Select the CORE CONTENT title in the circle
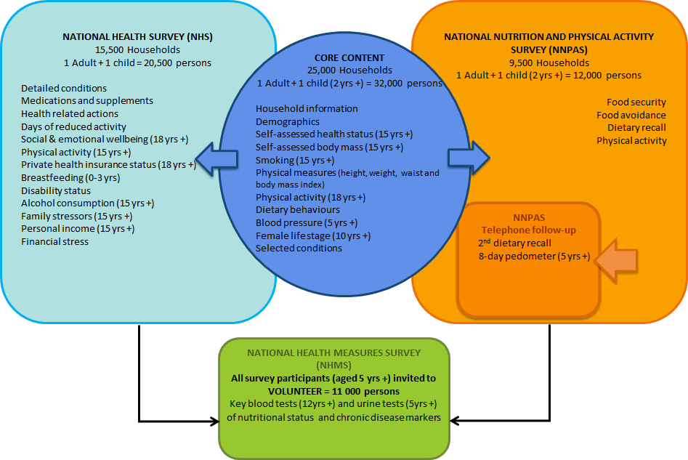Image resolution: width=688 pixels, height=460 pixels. pyautogui.click(x=349, y=57)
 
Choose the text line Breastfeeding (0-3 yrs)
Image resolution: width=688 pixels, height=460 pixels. pyautogui.click(x=70, y=177)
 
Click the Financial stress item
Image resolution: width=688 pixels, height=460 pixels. pyautogui.click(x=54, y=241)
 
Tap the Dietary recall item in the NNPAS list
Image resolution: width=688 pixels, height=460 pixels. pyautogui.click(x=636, y=127)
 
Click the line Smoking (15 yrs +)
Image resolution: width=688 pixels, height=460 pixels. pyautogui.click(x=295, y=160)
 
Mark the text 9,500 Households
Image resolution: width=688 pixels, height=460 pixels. pyautogui.click(x=549, y=62)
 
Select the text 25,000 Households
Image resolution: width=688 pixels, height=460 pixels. pyautogui.click(x=349, y=70)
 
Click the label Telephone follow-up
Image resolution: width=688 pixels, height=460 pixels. pyautogui.click(x=528, y=230)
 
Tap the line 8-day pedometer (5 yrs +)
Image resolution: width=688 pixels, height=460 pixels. pyautogui.click(x=534, y=256)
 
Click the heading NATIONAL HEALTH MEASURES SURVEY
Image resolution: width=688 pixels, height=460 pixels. pyautogui.click(x=333, y=352)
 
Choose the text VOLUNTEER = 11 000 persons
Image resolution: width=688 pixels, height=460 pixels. pyautogui.click(x=333, y=390)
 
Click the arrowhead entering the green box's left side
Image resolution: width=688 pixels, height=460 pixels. pyautogui.click(x=214, y=421)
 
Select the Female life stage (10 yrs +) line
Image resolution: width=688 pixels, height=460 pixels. pyautogui.click(x=313, y=235)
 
